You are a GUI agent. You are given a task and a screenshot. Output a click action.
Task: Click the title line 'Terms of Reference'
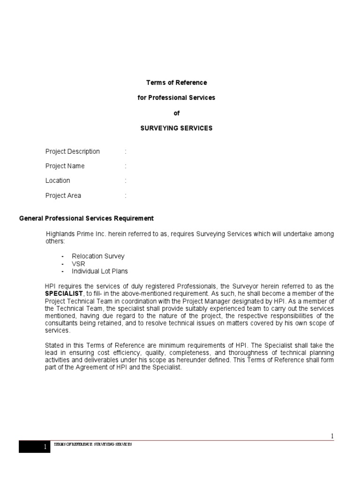(x=176, y=82)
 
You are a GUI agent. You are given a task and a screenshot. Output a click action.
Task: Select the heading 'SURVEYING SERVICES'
(x=176, y=128)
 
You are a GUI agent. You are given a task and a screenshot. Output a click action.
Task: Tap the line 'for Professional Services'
(x=176, y=97)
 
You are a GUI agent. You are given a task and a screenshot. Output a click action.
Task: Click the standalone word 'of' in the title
(x=177, y=113)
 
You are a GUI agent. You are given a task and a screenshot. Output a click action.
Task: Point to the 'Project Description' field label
(x=72, y=151)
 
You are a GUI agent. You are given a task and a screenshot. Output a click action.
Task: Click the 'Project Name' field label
(x=65, y=166)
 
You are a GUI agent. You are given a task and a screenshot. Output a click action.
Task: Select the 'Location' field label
(x=58, y=180)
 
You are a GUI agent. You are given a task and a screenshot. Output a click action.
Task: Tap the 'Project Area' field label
(x=63, y=195)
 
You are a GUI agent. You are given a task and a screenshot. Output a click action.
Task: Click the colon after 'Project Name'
(x=126, y=166)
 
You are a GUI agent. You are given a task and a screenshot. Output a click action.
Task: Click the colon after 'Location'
(x=126, y=180)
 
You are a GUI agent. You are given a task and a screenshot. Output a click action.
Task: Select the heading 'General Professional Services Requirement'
(x=86, y=218)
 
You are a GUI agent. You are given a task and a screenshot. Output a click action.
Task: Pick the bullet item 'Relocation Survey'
(x=98, y=256)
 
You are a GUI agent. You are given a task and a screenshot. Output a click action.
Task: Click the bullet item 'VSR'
(x=79, y=264)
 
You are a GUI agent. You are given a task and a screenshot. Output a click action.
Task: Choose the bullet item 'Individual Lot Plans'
(x=99, y=271)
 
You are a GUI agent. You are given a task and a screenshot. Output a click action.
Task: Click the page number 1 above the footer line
(x=332, y=436)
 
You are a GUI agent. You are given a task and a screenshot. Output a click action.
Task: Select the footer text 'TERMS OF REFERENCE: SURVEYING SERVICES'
(x=93, y=444)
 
